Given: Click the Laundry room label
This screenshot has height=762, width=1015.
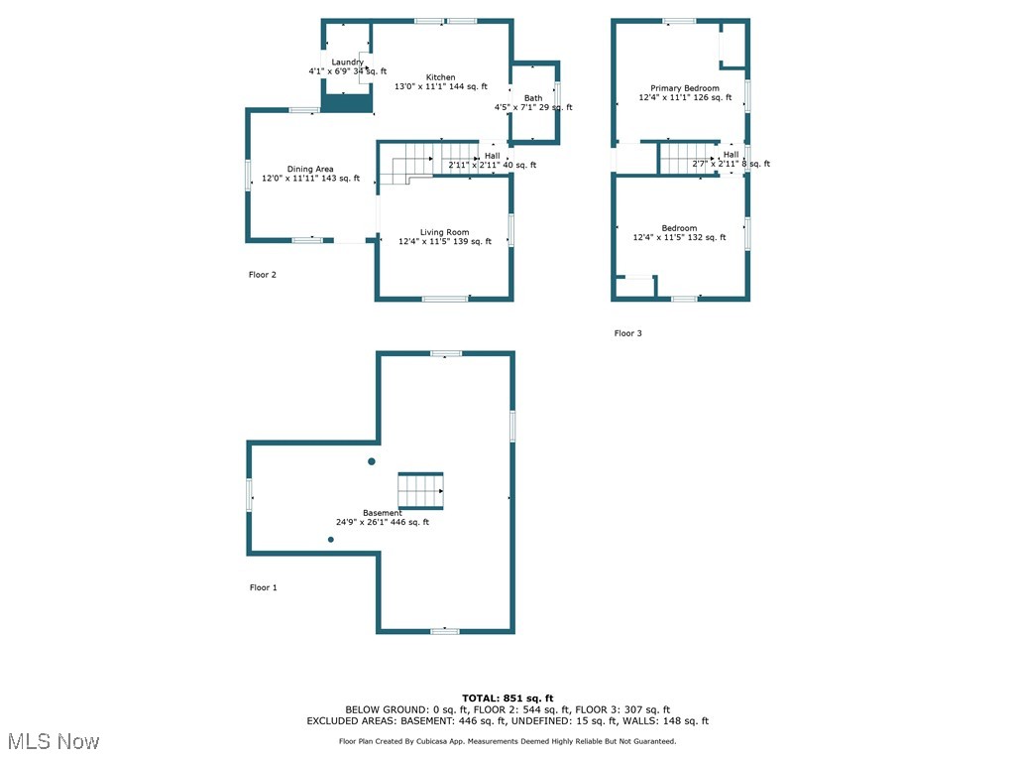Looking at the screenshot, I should pos(348,63).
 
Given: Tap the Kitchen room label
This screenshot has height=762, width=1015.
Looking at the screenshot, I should pos(441,77).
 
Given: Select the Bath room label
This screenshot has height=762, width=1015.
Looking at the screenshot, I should pos(533,98).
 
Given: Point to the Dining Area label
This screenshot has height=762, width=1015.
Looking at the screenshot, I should pos(310,170).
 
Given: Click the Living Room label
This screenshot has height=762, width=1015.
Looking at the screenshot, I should pos(445,232).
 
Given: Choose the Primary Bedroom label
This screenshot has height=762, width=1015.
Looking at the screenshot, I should pos(685,88).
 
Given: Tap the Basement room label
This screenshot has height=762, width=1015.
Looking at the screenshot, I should pos(383,513).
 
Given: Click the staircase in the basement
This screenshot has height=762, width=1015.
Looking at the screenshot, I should pos(420,490).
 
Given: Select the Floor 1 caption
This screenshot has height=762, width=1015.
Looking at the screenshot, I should pos(263,587).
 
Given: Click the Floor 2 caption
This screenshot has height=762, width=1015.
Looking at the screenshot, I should pos(262,275).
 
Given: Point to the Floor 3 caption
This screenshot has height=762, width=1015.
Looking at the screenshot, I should pos(627,333).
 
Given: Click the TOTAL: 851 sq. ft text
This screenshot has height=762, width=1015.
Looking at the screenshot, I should pos(507,698).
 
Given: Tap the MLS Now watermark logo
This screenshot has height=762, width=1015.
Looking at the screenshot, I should pos(53,741).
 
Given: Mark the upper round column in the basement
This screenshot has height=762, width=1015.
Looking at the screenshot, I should pos(372,461).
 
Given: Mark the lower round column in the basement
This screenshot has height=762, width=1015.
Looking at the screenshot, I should pos(331,539).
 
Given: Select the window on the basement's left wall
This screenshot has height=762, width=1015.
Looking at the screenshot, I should pos(249,493).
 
